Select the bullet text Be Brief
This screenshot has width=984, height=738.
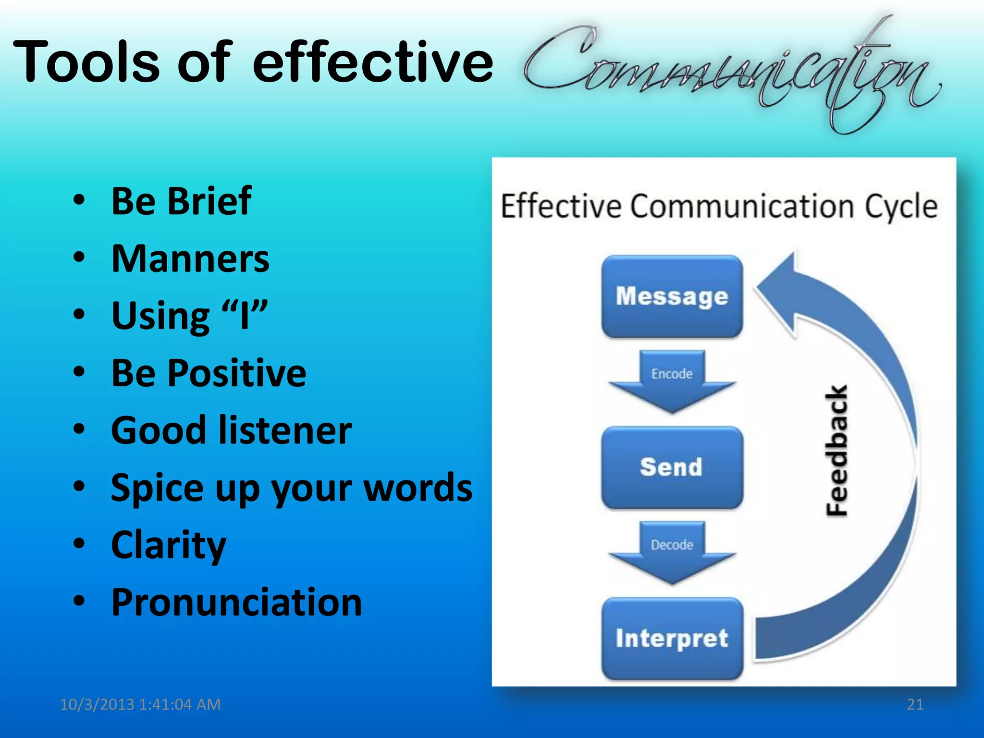pos(181,201)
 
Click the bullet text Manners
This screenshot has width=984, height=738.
pos(190,258)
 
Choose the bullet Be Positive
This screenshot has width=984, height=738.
pos(209,373)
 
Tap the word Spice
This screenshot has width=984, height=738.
pos(157,488)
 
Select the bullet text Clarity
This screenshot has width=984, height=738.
pos(168,545)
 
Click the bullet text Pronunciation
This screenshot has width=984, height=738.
pos(236,602)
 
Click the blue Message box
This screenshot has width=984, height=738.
pos(672,296)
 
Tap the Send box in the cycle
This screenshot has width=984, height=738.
pos(672,467)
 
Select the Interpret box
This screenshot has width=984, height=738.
pos(672,638)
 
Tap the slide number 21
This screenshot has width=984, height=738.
pos(915,704)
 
